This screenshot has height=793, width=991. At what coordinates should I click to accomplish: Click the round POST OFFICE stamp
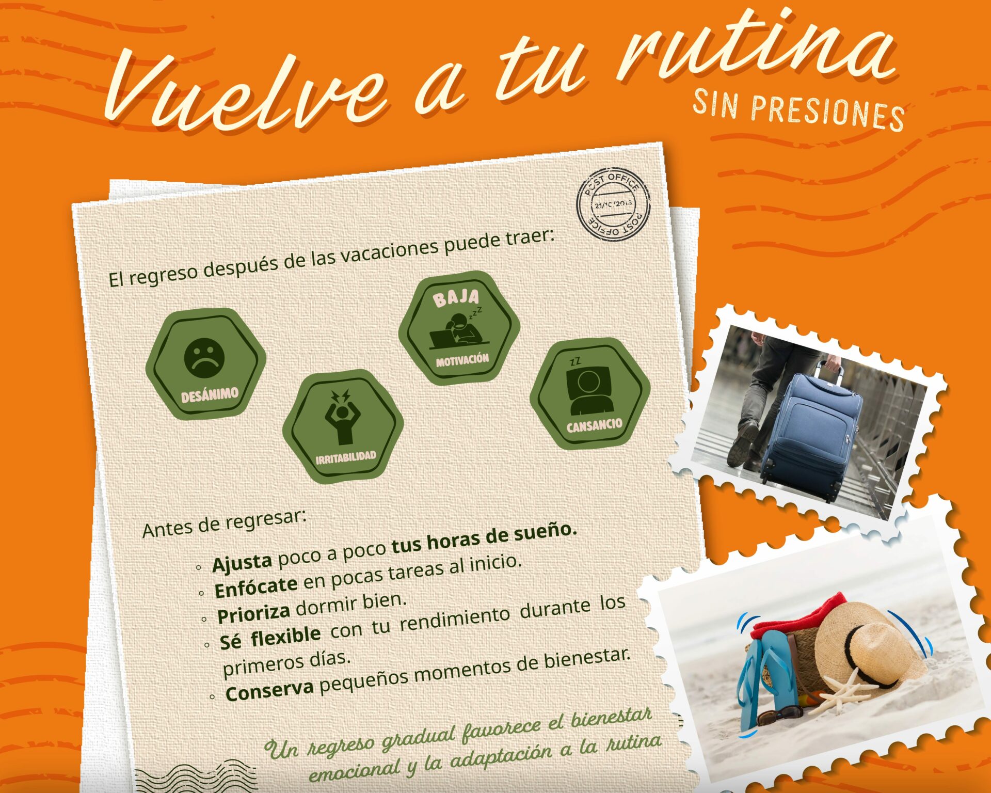[613, 204]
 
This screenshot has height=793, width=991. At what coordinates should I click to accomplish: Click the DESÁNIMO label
[210, 395]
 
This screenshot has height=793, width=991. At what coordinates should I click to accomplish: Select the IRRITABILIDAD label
[346, 457]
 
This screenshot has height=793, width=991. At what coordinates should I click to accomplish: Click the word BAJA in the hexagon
[456, 298]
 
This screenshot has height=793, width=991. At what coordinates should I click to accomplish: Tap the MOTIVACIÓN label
[462, 360]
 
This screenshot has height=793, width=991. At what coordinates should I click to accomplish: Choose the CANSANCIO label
[595, 425]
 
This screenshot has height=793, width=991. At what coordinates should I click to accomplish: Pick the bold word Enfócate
[255, 587]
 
